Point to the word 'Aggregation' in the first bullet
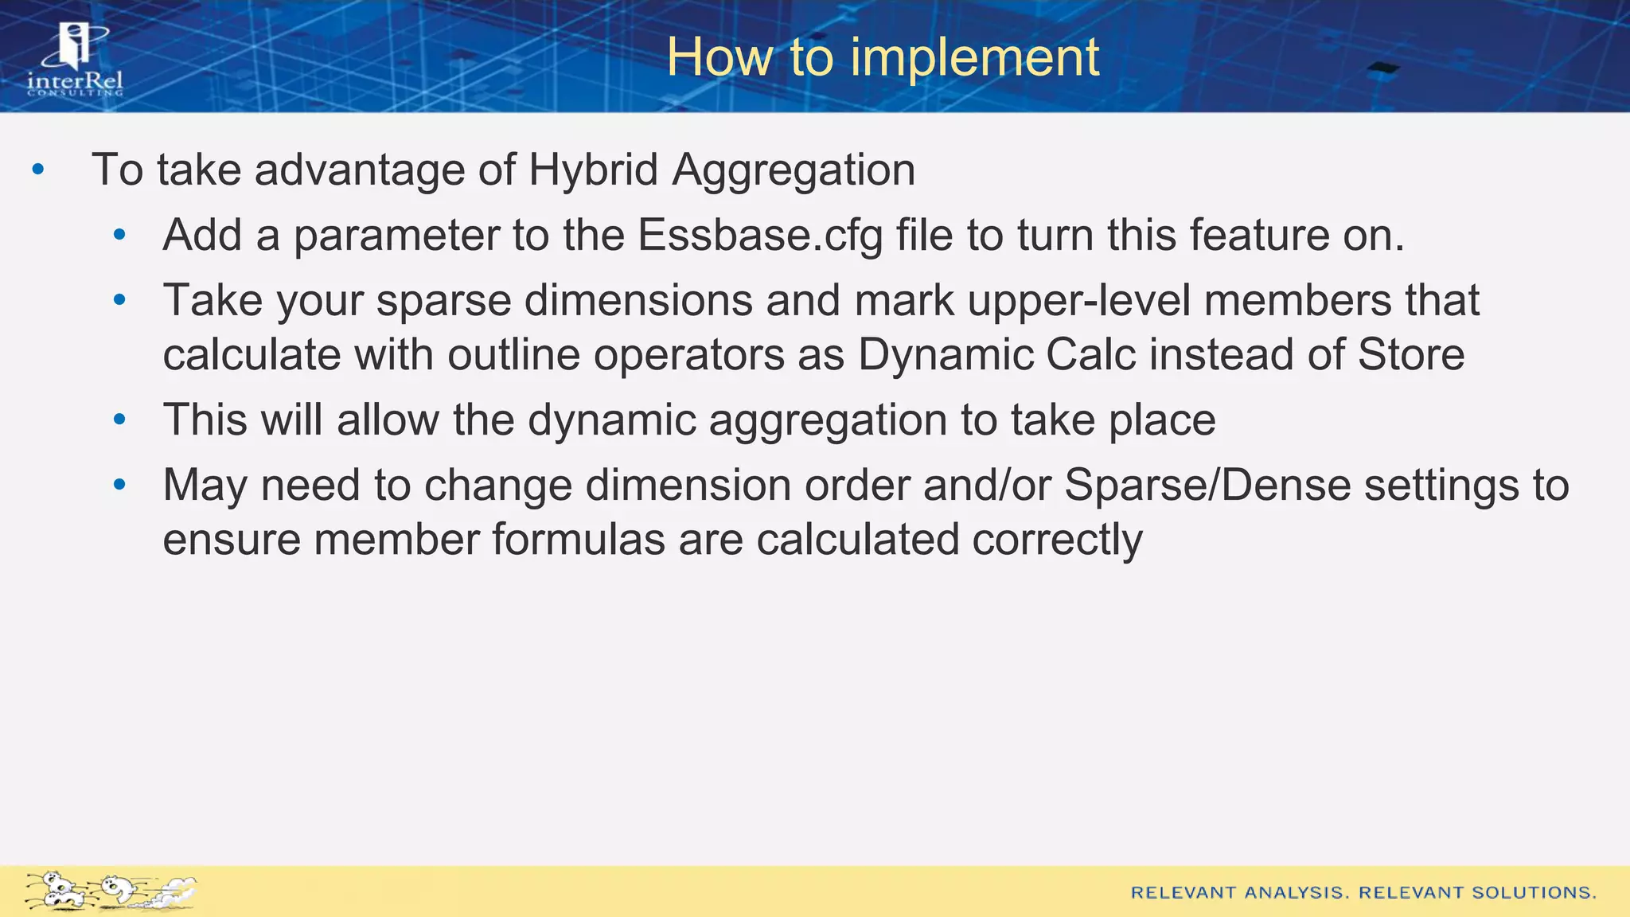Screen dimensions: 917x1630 click(x=794, y=170)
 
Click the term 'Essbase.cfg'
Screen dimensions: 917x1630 click(x=760, y=236)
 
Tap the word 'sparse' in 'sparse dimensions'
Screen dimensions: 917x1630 click(x=443, y=302)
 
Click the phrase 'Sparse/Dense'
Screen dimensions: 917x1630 click(x=1207, y=485)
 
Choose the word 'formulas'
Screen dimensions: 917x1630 click(x=579, y=540)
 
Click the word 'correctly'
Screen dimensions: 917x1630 click(x=1057, y=540)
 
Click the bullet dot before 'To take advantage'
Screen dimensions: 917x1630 click(x=37, y=170)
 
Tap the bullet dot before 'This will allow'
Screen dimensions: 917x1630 click(x=119, y=419)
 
